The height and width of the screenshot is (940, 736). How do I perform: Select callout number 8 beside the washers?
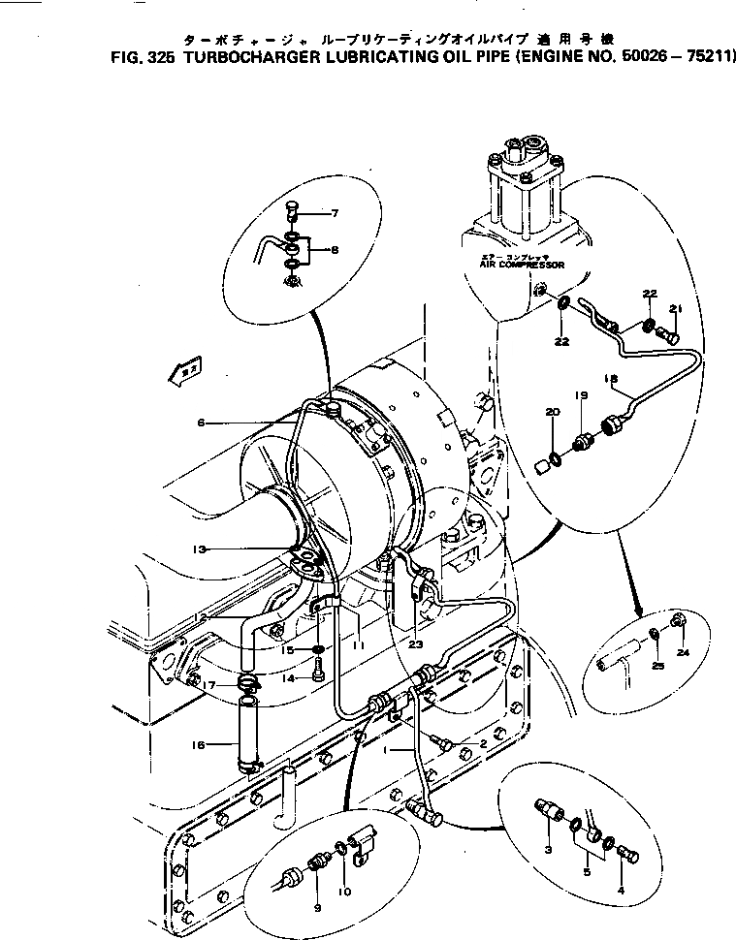[x=334, y=250]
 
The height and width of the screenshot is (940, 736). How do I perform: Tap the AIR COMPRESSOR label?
[x=522, y=263]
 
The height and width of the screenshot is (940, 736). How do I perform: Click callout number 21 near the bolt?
[x=676, y=309]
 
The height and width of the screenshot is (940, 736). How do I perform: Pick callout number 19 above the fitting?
[x=581, y=395]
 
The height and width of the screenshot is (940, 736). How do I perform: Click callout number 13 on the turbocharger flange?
[x=200, y=548]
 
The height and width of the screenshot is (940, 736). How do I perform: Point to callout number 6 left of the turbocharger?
[x=200, y=422]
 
